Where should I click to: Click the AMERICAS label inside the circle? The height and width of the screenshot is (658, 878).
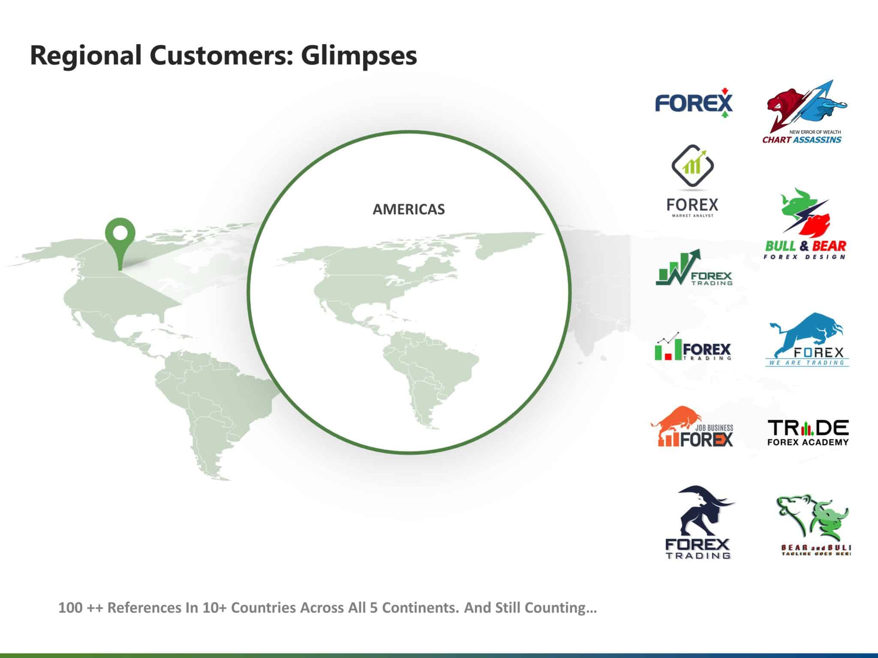[409, 209]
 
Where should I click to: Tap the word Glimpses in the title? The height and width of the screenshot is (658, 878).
[359, 56]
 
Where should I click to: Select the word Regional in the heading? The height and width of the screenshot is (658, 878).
[86, 56]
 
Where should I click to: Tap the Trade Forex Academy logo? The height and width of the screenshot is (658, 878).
[808, 433]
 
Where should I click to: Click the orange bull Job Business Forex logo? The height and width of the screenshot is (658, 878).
[692, 427]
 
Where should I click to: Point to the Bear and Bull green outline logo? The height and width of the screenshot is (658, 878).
[813, 525]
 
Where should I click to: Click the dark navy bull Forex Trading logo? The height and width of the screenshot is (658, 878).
[698, 522]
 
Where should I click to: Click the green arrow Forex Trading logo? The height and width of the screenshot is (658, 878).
[694, 267]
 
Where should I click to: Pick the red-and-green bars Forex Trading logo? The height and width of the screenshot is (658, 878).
[693, 346]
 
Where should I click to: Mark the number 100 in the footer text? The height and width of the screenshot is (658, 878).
[70, 608]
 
